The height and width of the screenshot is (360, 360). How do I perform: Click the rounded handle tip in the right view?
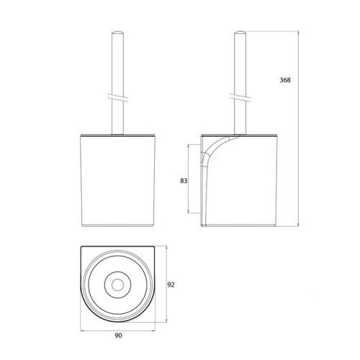point(240,32)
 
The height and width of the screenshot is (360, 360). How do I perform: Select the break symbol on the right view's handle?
point(240,95)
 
